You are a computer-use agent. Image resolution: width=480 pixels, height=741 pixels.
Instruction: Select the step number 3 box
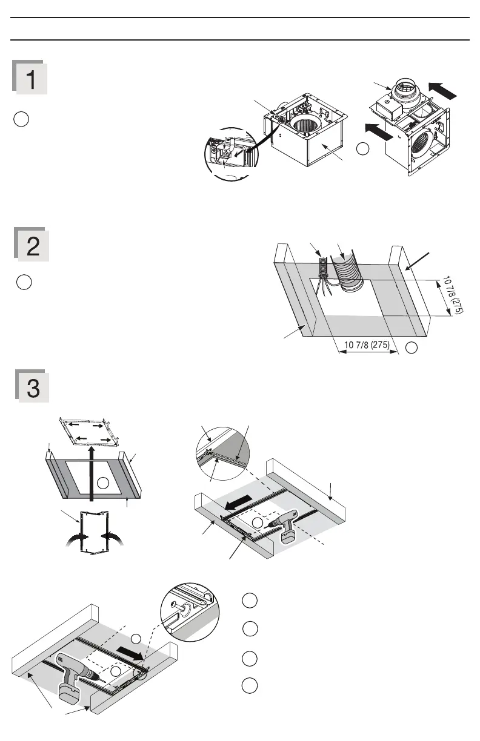[x=32, y=386]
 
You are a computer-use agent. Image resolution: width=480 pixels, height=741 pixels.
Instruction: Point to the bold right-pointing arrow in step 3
[x=133, y=652]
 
